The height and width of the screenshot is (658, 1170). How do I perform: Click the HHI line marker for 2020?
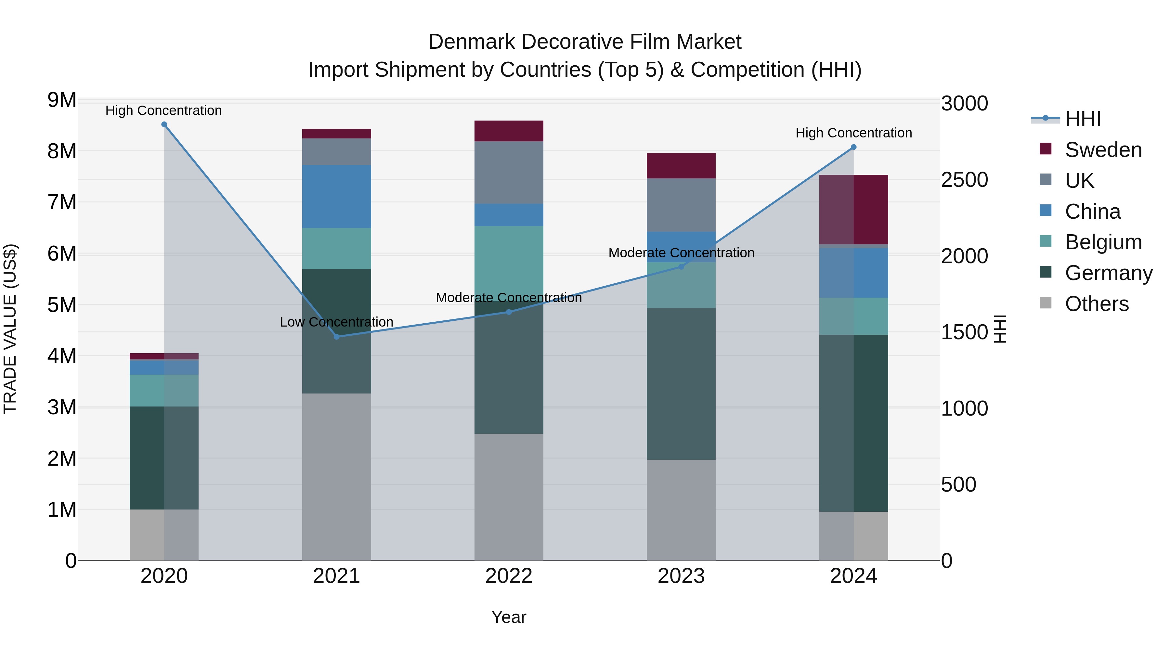(164, 124)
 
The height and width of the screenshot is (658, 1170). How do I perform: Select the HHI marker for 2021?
(337, 337)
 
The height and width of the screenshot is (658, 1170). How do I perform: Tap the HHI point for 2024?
(853, 147)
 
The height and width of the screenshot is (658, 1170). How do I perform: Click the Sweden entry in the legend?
(1103, 150)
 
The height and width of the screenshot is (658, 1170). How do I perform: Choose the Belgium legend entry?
(1103, 242)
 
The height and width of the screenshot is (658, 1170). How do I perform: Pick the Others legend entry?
(1097, 304)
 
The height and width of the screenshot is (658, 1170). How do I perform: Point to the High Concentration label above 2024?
(853, 133)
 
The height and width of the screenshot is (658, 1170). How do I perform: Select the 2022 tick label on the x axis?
(509, 576)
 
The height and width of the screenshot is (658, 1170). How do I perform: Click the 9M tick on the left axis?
(62, 100)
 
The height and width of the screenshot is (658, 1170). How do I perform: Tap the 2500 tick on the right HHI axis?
(964, 180)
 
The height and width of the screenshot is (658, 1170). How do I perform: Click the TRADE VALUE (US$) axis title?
(10, 329)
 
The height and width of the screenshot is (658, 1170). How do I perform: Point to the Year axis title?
(509, 617)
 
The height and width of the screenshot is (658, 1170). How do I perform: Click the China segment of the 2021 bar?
(337, 196)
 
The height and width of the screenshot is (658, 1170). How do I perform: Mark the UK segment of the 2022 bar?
(509, 172)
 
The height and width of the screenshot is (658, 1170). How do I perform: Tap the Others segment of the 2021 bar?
(337, 476)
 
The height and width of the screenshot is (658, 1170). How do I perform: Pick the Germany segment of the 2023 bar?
(681, 383)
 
